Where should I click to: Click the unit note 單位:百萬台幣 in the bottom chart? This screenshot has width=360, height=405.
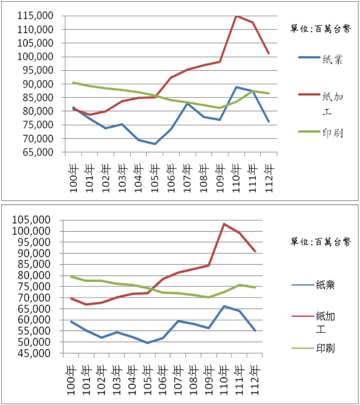tap(320, 242)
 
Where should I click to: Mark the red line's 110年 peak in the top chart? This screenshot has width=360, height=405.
tap(236, 16)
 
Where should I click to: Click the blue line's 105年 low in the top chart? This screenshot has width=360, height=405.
tap(155, 144)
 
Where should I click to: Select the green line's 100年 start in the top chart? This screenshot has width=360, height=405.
tap(73, 83)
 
